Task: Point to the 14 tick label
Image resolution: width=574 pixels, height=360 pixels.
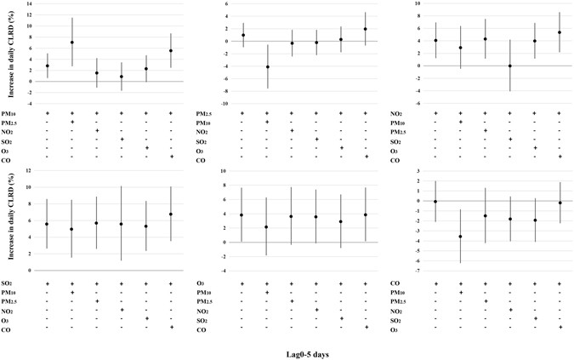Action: point(29,4)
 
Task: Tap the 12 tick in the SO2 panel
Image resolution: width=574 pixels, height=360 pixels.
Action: point(29,171)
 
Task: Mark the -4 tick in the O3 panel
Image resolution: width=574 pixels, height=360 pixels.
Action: point(224,271)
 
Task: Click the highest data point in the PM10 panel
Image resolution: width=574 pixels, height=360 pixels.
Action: point(72,43)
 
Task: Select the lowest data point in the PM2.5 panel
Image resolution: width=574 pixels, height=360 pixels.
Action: point(267,66)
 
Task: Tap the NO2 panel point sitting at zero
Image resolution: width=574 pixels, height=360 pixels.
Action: point(510,66)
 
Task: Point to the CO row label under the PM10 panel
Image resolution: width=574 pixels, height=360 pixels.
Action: point(9,157)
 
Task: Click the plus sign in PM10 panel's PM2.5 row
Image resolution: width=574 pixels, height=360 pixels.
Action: point(72,122)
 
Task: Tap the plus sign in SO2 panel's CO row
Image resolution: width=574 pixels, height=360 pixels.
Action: point(171,327)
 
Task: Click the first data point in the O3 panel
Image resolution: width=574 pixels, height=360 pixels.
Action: point(242,214)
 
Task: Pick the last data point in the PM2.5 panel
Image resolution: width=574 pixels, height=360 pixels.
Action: point(366,29)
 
